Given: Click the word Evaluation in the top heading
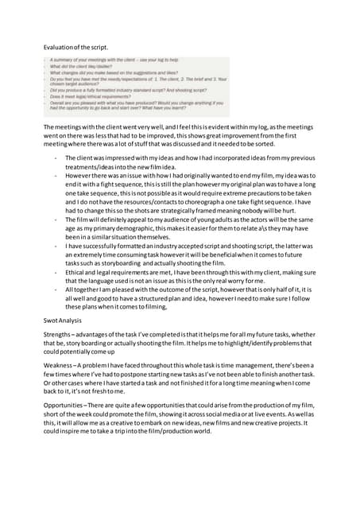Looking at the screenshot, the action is coord(57,49).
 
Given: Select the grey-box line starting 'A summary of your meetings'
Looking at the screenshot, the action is coord(111,60).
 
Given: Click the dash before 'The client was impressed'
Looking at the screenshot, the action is coord(55,157).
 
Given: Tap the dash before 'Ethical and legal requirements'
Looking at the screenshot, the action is coord(55,274).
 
